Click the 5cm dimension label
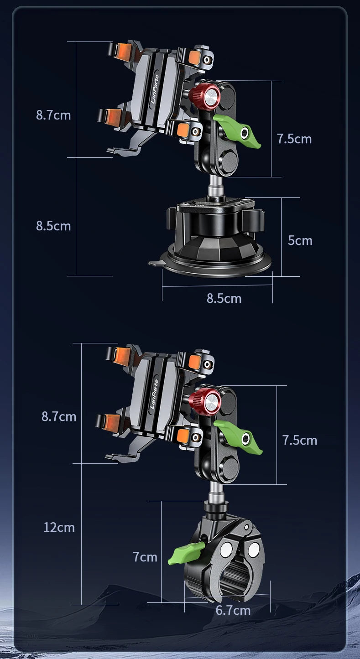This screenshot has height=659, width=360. [x=300, y=241]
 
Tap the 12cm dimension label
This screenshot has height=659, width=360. [x=59, y=527]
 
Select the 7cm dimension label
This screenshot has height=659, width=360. [x=145, y=557]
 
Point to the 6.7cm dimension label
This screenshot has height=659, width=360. [x=233, y=611]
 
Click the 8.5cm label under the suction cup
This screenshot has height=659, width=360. [x=224, y=298]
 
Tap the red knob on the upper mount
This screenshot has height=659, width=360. [x=204, y=96]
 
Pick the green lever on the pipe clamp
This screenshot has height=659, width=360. [x=186, y=553]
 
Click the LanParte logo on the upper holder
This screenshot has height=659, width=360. [x=155, y=89]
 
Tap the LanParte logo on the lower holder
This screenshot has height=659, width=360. [x=154, y=394]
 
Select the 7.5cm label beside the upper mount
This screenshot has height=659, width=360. [x=294, y=139]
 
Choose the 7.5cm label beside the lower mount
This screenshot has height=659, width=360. [x=300, y=440]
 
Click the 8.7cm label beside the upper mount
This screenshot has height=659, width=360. [x=53, y=115]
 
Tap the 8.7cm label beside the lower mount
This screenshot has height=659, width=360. [x=59, y=416]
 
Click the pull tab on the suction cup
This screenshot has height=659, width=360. [x=156, y=263]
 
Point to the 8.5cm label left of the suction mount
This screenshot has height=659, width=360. [x=53, y=226]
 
